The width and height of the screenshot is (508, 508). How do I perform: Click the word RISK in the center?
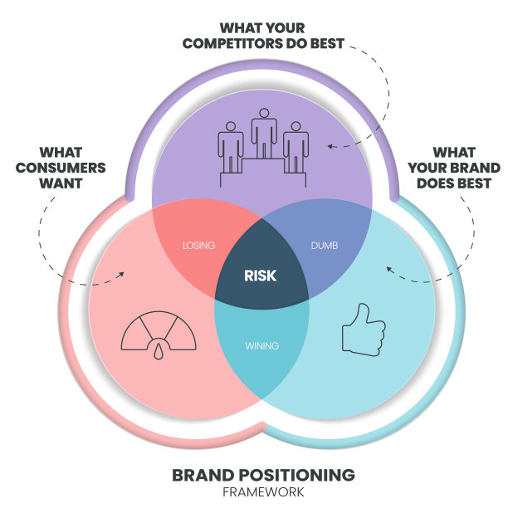[260, 276]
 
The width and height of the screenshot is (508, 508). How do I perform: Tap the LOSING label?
[199, 245]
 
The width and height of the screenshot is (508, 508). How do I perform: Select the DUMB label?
[325, 245]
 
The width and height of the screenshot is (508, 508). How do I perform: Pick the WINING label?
[262, 345]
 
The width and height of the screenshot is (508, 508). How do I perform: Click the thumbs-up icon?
[364, 330]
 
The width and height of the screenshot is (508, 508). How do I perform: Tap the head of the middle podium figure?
[264, 113]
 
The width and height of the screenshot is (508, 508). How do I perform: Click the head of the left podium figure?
[231, 126]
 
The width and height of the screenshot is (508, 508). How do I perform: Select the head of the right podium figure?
[296, 126]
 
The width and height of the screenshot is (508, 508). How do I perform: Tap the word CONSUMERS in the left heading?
[61, 168]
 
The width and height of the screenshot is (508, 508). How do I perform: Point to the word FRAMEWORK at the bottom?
[263, 492]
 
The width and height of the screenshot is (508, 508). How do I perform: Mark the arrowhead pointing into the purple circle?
[330, 146]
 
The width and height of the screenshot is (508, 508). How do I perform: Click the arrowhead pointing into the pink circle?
[121, 275]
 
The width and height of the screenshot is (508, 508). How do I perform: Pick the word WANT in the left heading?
[61, 183]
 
